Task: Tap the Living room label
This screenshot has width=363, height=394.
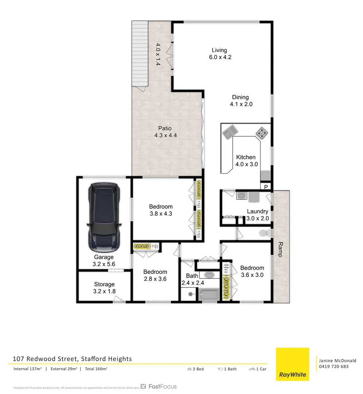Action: pyautogui.click(x=219, y=50)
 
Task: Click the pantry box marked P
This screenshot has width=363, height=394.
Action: pyautogui.click(x=266, y=187)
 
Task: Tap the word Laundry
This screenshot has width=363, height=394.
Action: pyautogui.click(x=258, y=211)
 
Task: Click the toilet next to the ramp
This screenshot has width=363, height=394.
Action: pyautogui.click(x=264, y=233)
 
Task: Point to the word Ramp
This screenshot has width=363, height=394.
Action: pyautogui.click(x=281, y=250)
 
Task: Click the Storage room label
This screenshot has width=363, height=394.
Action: pyautogui.click(x=104, y=284)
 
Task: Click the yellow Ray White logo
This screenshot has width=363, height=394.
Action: pyautogui.click(x=292, y=364)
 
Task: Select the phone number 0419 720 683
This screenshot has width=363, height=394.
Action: pyautogui.click(x=333, y=366)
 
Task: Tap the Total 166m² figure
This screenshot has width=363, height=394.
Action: pyautogui.click(x=96, y=369)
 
